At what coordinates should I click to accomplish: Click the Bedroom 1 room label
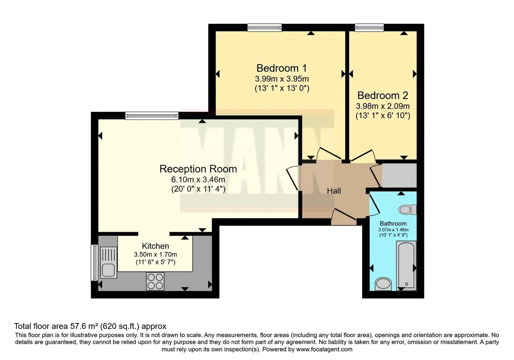pyautogui.click(x=281, y=68)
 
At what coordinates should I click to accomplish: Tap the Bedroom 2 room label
pyautogui.click(x=383, y=96)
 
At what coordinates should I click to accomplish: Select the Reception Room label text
pyautogui.click(x=198, y=169)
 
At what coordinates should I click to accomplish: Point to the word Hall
pyautogui.click(x=334, y=191)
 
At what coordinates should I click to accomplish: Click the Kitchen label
pyautogui.click(x=155, y=246)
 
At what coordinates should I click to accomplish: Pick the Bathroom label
pyautogui.click(x=393, y=223)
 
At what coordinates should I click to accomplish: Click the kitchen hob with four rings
pyautogui.click(x=155, y=281)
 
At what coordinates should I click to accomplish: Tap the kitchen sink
pyautogui.click(x=108, y=263)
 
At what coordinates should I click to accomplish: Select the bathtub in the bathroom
pyautogui.click(x=406, y=266)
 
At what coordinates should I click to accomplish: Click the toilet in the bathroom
pyautogui.click(x=408, y=209)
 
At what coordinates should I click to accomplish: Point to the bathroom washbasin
pyautogui.click(x=383, y=284)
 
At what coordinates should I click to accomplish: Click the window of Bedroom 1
pyautogui.click(x=264, y=28)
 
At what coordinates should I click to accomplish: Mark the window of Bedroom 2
pyautogui.click(x=369, y=28)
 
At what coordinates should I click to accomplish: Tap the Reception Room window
pyautogui.click(x=152, y=116)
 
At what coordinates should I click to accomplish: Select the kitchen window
pyautogui.click(x=94, y=263)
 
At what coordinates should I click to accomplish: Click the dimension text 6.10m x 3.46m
pyautogui.click(x=198, y=179)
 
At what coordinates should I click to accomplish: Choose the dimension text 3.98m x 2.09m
pyautogui.click(x=383, y=106)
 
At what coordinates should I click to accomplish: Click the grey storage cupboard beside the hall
pyautogui.click(x=399, y=176)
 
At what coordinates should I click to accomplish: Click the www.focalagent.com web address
pyautogui.click(x=324, y=350)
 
